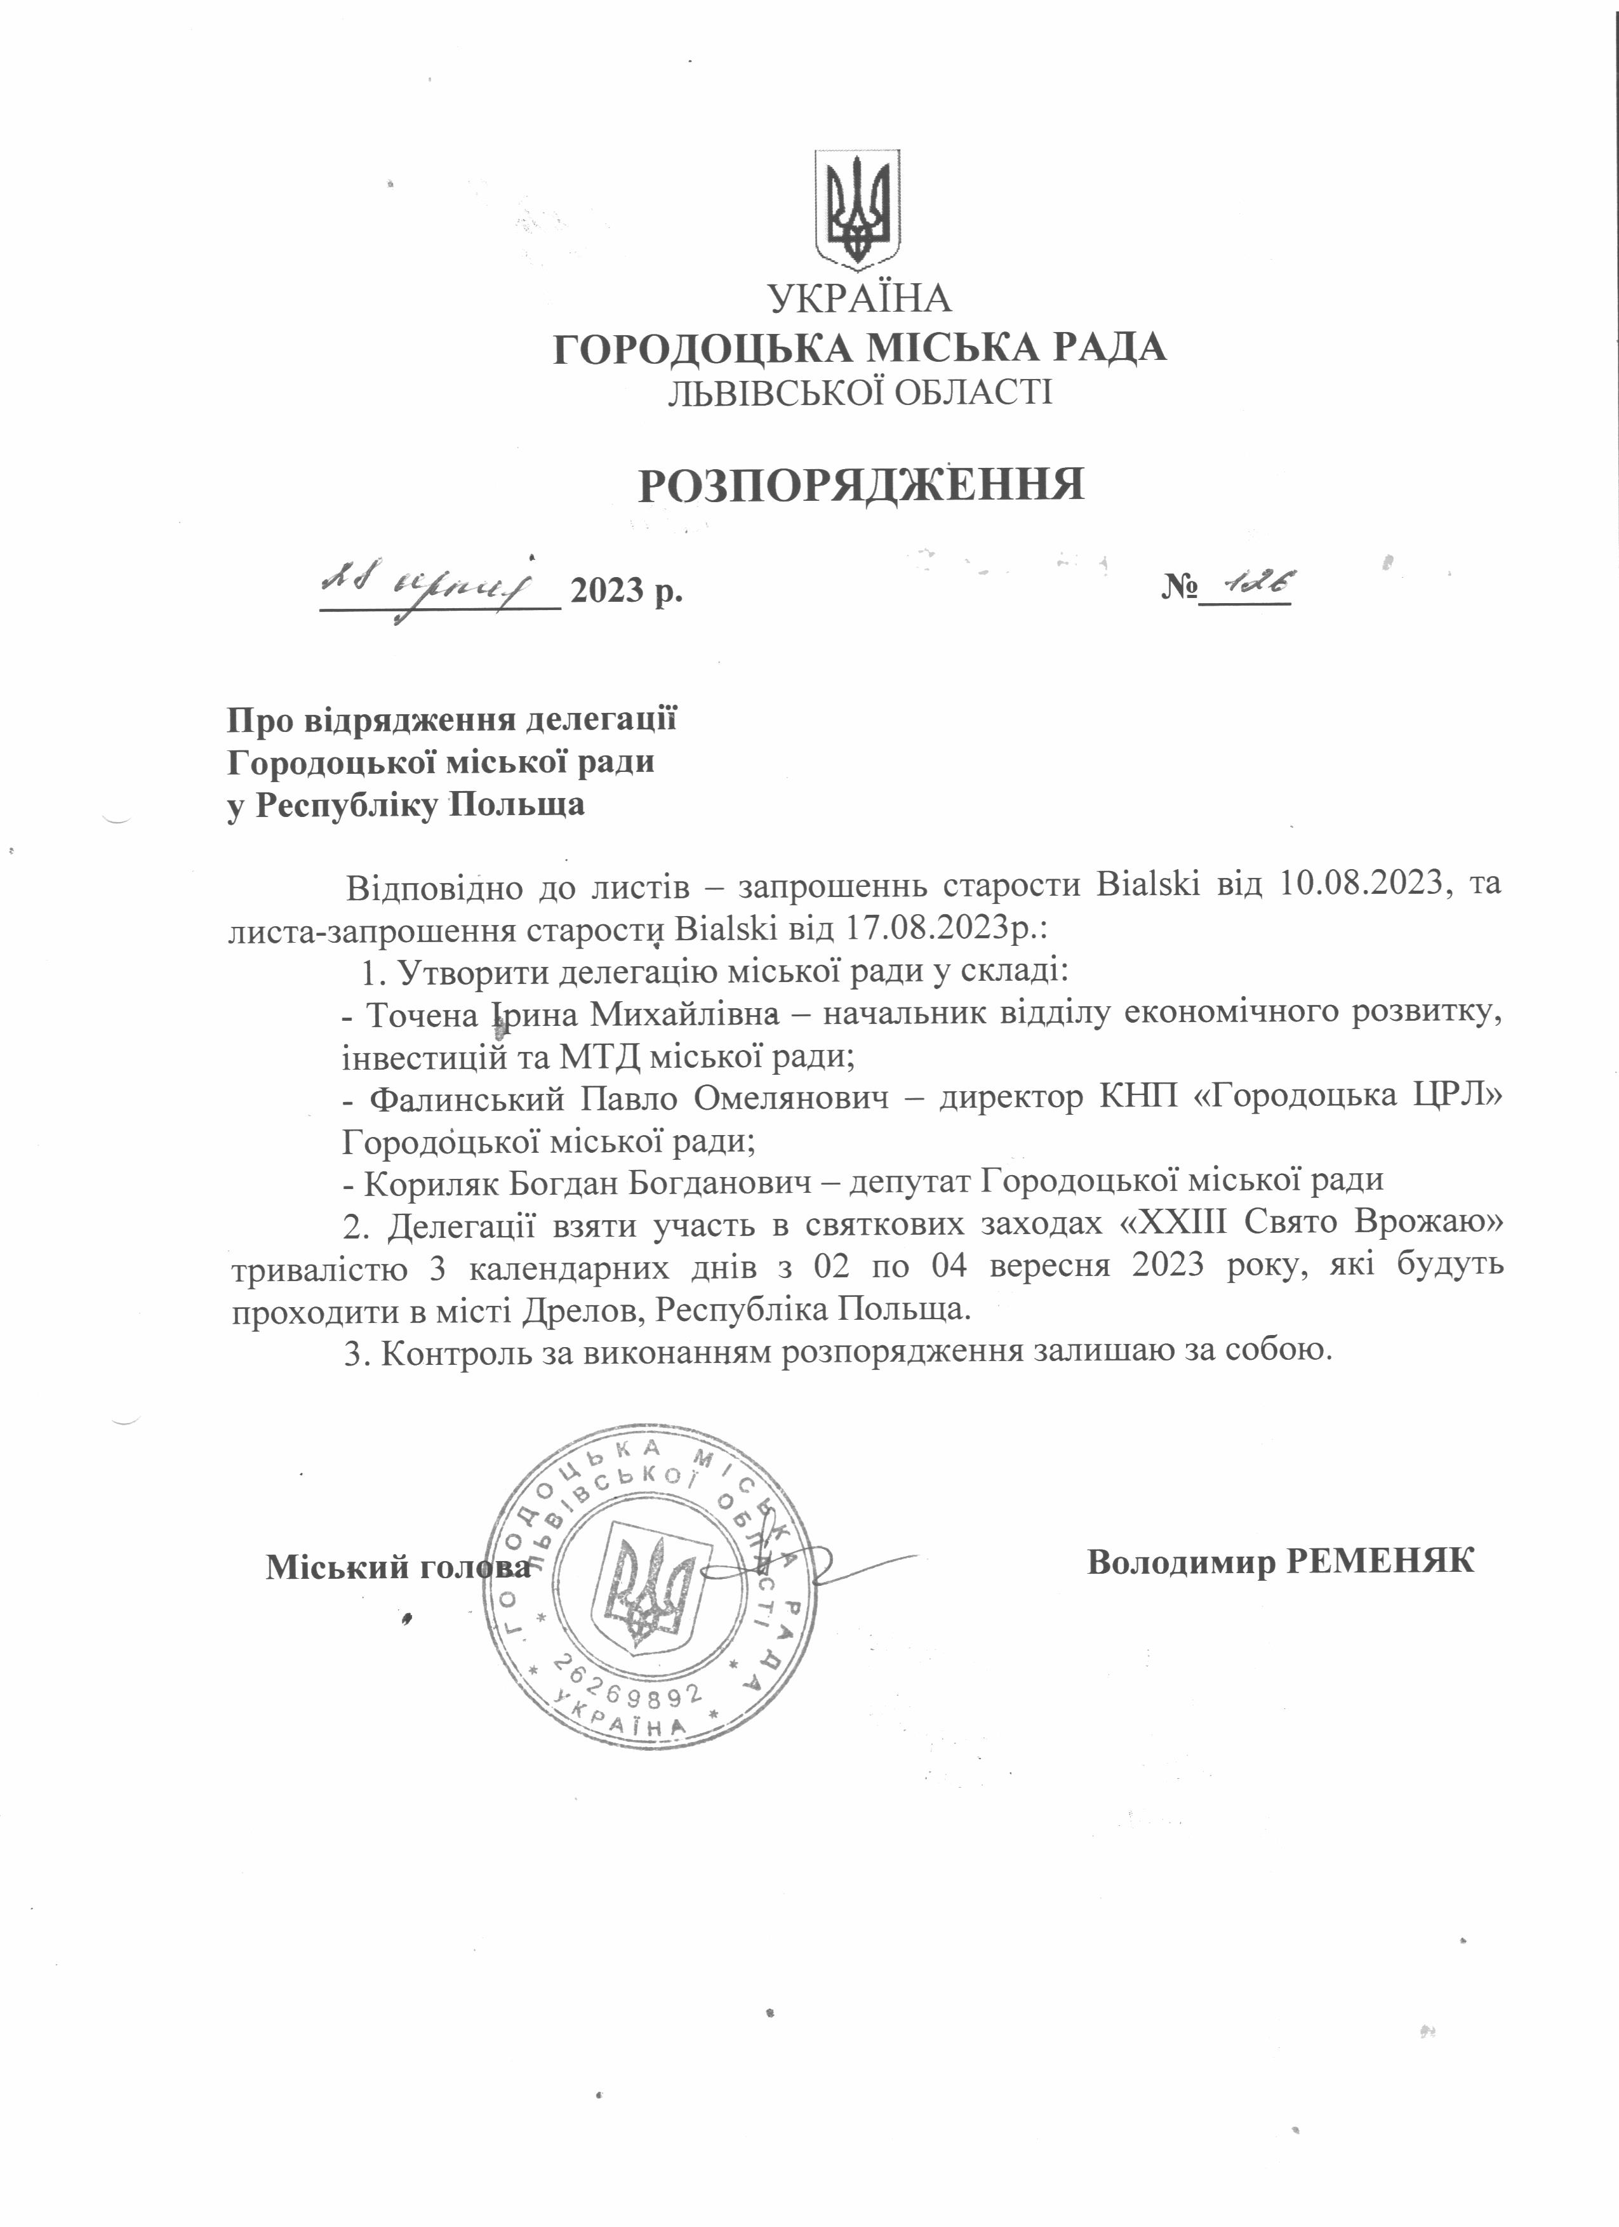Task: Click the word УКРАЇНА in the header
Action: (860, 298)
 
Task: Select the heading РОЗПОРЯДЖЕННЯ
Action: (861, 485)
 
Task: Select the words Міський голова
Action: (397, 1567)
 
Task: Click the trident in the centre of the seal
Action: (649, 1583)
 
